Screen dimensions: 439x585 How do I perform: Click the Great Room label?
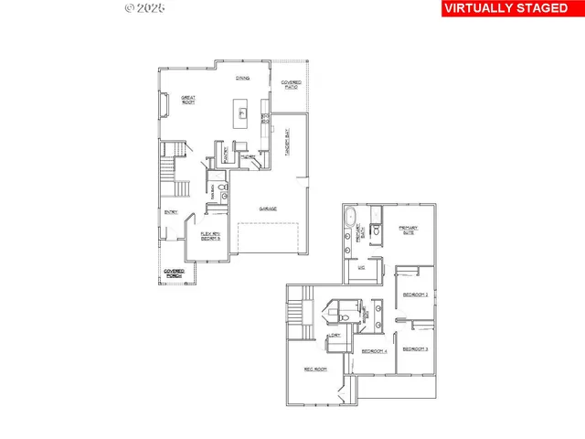(189, 99)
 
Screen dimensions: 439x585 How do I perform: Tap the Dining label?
(243, 79)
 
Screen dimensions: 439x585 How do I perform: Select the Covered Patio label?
(291, 84)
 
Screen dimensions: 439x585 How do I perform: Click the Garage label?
(268, 209)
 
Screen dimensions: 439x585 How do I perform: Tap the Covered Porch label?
(174, 273)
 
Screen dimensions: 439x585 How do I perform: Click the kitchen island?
(243, 114)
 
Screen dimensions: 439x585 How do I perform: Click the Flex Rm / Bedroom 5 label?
(211, 235)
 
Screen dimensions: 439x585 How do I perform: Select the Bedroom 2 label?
(415, 294)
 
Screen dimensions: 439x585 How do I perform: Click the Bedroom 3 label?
(415, 349)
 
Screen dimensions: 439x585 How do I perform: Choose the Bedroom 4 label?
(374, 351)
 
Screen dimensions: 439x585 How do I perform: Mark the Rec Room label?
(315, 369)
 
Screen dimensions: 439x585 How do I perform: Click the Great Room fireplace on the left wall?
(165, 108)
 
